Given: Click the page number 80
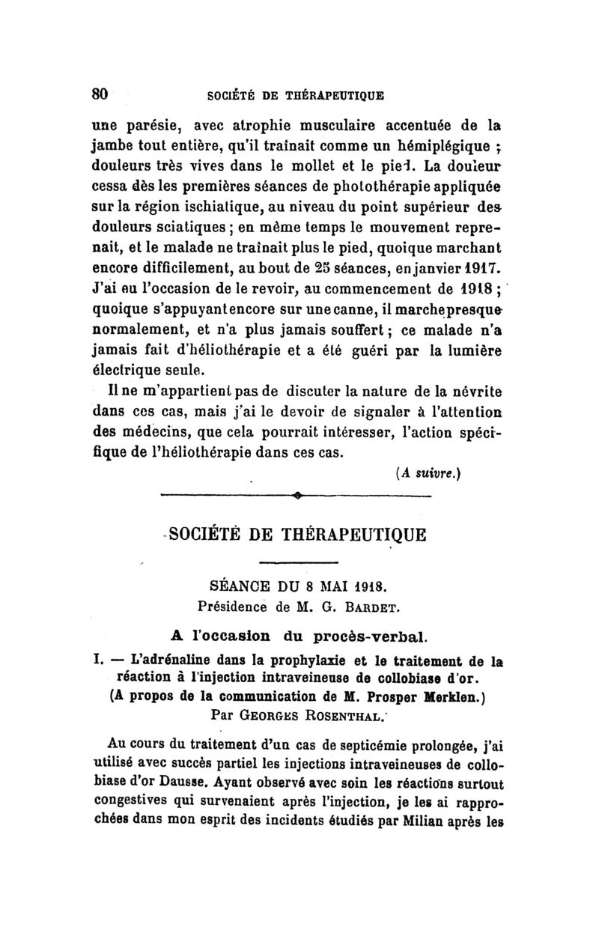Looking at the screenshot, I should click(100, 94).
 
